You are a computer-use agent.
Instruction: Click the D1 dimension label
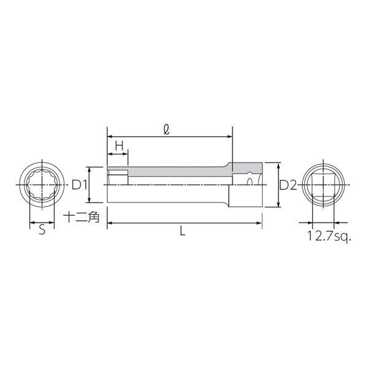79,185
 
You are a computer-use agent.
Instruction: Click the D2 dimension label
288,186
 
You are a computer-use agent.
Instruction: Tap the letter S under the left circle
42,230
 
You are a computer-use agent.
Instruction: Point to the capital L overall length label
182,231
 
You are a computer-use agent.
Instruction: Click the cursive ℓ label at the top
166,130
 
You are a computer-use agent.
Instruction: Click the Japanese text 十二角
82,217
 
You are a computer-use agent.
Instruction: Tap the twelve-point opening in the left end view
42,185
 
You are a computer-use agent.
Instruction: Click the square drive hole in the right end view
323,185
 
